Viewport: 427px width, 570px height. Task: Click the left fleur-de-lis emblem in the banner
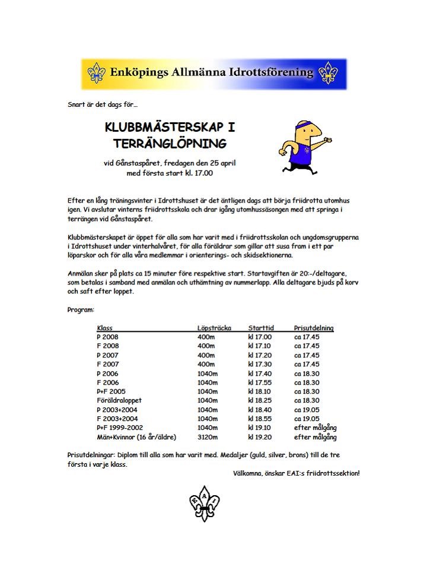96,74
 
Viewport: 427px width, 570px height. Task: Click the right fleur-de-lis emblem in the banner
328,74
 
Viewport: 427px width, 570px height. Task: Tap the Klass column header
104,328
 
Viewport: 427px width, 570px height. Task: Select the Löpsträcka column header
214,328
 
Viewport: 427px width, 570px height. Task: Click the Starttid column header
260,328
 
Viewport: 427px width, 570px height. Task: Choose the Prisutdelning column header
314,328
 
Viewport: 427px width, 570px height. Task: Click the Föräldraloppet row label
119,401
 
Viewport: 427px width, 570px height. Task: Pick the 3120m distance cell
208,438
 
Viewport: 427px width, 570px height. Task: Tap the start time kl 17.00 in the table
260,337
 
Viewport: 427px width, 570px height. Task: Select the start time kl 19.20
260,438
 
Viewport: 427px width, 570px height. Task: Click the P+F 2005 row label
111,392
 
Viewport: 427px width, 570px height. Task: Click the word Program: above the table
80,309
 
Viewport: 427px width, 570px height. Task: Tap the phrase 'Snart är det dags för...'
102,105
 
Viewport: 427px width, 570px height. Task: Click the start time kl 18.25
260,401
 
